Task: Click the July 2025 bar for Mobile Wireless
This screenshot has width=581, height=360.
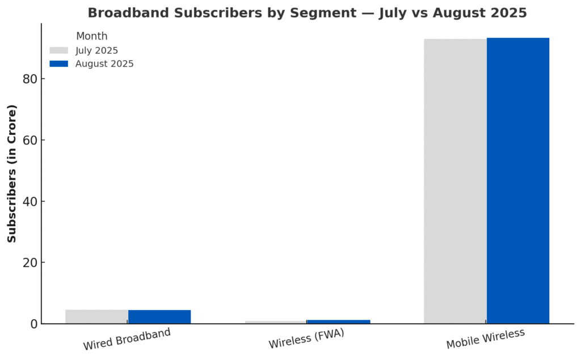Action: [x=455, y=181]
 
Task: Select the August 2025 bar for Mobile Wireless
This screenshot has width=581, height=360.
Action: [x=517, y=181]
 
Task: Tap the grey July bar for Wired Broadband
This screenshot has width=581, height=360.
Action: [x=96, y=316]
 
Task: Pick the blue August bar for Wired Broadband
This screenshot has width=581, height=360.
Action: [x=159, y=317]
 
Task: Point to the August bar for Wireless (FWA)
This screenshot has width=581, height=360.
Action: [x=338, y=321]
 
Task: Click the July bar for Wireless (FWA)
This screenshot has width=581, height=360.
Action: [x=276, y=322]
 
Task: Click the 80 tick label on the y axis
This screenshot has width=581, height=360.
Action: [x=30, y=79]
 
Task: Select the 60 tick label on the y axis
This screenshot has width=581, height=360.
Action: [x=30, y=140]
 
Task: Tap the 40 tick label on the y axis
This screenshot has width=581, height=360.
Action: [x=30, y=201]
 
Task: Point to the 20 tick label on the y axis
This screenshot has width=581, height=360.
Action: [x=30, y=262]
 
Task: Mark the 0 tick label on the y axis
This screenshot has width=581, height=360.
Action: [x=33, y=324]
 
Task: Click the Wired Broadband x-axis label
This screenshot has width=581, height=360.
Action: [x=127, y=339]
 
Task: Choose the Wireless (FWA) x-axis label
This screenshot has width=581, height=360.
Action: [x=306, y=339]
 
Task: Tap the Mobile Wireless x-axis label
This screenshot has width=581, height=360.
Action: [x=485, y=339]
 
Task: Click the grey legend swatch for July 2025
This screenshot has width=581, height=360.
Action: [x=59, y=50]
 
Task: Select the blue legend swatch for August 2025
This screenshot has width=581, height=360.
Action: [x=59, y=64]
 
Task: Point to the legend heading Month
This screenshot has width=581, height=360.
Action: [x=91, y=36]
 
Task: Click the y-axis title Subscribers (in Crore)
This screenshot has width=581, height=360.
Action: [x=12, y=173]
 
